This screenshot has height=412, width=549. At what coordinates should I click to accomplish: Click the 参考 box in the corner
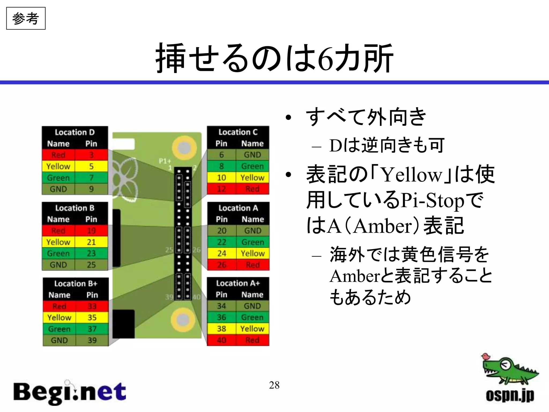(x=26, y=19)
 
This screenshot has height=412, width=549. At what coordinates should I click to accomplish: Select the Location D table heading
(x=75, y=132)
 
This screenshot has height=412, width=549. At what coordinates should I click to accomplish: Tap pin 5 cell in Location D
(x=91, y=166)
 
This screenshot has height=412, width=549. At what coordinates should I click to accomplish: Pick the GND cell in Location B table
(x=58, y=265)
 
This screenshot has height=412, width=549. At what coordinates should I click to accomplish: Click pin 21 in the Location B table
(x=91, y=242)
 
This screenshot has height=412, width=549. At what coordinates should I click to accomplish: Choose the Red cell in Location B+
(x=59, y=306)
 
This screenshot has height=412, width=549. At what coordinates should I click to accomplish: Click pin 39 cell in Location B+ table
(x=92, y=340)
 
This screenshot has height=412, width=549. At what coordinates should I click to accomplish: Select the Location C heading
(x=238, y=132)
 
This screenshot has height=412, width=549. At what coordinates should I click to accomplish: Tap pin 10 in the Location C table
(x=221, y=178)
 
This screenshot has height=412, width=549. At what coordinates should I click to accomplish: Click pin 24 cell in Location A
(x=222, y=253)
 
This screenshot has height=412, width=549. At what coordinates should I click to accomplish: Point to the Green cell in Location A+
(x=252, y=317)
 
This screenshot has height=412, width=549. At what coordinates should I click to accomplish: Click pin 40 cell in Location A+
(x=221, y=340)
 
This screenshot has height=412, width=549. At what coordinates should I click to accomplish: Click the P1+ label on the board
(x=165, y=161)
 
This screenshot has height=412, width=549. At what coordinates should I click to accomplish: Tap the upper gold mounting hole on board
(x=184, y=148)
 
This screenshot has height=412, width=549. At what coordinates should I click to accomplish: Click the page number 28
(x=274, y=385)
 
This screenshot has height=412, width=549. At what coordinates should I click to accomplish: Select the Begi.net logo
(x=70, y=392)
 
